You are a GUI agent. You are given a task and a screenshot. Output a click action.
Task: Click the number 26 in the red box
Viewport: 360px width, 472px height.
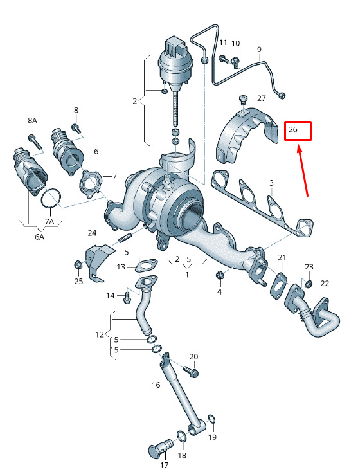[293, 129]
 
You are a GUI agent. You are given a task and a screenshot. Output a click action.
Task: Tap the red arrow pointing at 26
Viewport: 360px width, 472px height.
[303, 170]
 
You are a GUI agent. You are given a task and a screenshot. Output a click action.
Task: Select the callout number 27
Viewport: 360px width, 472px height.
[261, 98]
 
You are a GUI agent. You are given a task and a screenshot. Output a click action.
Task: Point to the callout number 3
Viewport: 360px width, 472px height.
[271, 183]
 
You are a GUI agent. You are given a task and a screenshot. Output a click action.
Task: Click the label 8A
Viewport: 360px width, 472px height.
[33, 120]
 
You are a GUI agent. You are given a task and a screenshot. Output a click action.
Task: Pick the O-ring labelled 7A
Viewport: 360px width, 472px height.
[51, 198]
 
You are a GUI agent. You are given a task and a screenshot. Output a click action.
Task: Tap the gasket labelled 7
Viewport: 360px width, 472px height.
[90, 184]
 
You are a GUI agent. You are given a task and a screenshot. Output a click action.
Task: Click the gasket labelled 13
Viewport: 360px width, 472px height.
[147, 265]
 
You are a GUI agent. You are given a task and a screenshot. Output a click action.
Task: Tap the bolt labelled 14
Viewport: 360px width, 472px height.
[127, 296]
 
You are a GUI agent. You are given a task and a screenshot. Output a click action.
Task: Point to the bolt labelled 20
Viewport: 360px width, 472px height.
[191, 371]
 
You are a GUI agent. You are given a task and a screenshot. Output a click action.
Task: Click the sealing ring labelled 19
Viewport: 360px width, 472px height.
[212, 419]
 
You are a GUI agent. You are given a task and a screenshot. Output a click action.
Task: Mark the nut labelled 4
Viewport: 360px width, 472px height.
[220, 275]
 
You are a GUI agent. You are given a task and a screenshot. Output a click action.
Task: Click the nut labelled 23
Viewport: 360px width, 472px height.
[308, 283]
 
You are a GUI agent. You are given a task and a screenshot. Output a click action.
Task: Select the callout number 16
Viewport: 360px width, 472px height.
[156, 385]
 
